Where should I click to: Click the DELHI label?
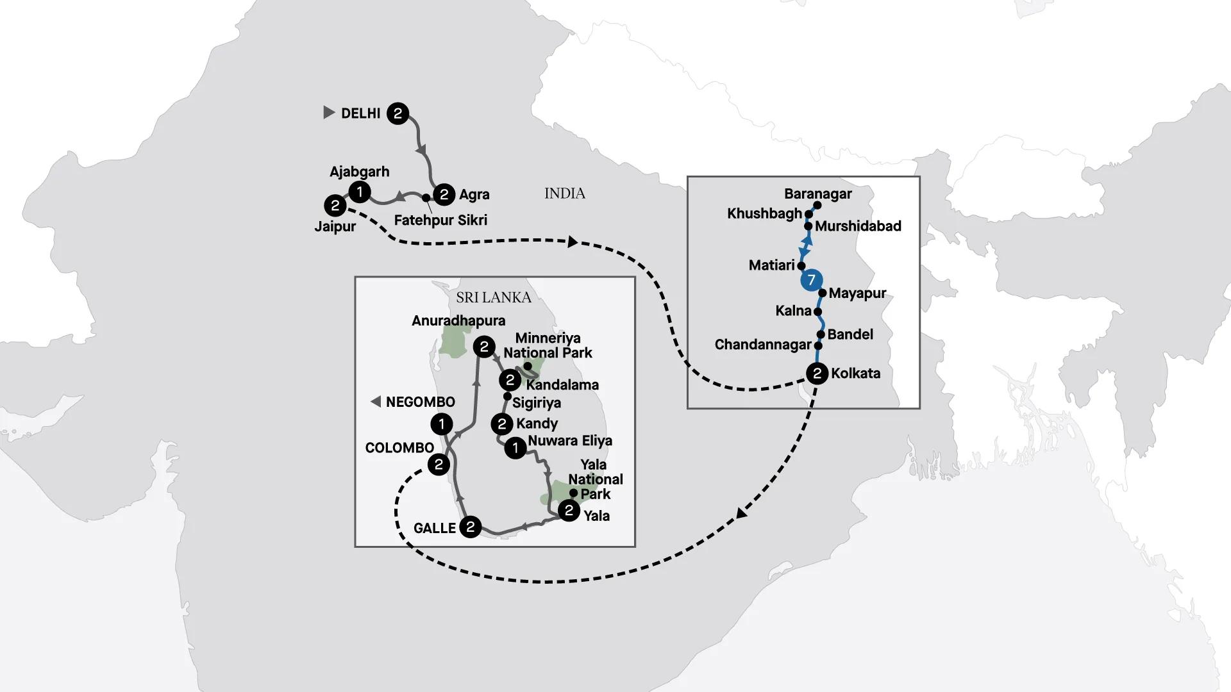pyautogui.click(x=360, y=113)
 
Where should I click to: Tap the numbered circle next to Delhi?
pyautogui.click(x=398, y=113)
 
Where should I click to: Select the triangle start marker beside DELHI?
pyautogui.click(x=329, y=113)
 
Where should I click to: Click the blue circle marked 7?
pyautogui.click(x=811, y=280)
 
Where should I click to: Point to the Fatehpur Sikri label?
pyautogui.click(x=440, y=220)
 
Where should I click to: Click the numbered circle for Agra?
pyautogui.click(x=444, y=194)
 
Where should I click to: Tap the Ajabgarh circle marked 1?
pyautogui.click(x=359, y=192)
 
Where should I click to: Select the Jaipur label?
pyautogui.click(x=335, y=227)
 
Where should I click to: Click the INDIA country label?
pyautogui.click(x=565, y=194)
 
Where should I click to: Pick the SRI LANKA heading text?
pyautogui.click(x=494, y=297)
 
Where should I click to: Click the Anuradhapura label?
pyautogui.click(x=458, y=320)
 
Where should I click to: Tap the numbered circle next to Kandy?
pyautogui.click(x=502, y=424)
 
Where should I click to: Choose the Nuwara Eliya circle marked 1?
pyautogui.click(x=515, y=448)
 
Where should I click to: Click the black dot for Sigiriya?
pyautogui.click(x=507, y=396)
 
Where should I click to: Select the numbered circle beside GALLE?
pyautogui.click(x=471, y=527)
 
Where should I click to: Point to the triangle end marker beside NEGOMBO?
pyautogui.click(x=376, y=402)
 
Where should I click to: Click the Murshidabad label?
pyautogui.click(x=858, y=226)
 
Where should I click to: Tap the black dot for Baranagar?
pyautogui.click(x=817, y=206)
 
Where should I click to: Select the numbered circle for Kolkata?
pyautogui.click(x=817, y=374)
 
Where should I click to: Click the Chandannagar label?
pyautogui.click(x=763, y=345)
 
